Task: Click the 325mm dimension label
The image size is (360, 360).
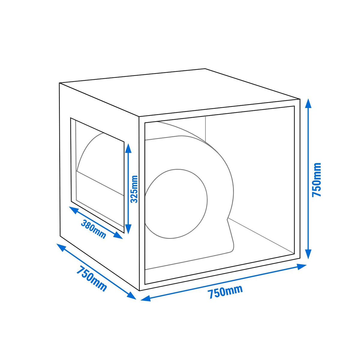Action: pyautogui.click(x=134, y=189)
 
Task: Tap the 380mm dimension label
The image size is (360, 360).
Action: pyautogui.click(x=93, y=229)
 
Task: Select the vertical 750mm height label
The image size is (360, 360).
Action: pyautogui.click(x=316, y=179)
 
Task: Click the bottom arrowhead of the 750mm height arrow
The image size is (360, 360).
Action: pyautogui.click(x=309, y=254)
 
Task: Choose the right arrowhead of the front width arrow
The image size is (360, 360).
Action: pyautogui.click(x=301, y=267)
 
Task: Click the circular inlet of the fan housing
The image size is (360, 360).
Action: pyautogui.click(x=176, y=204)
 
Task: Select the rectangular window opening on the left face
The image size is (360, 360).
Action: pyautogui.click(x=97, y=175)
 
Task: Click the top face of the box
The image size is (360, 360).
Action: pyautogui.click(x=179, y=92)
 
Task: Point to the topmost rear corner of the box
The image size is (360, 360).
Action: pyautogui.click(x=205, y=69)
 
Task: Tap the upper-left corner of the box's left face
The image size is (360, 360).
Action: pyautogui.click(x=59, y=83)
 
